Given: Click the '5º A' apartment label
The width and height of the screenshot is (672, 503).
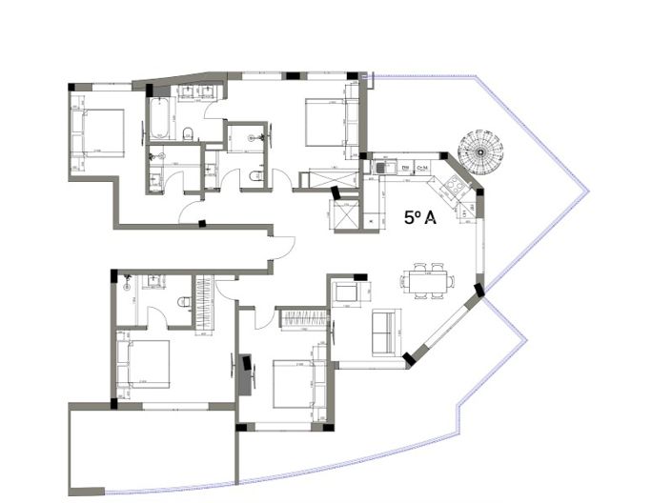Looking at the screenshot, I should click(419, 218).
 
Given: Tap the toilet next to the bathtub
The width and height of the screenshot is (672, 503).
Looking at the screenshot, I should click(189, 132).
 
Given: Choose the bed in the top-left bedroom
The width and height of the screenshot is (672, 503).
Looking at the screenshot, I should click(99, 131).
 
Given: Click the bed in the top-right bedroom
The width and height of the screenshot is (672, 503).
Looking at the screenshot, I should click(327, 122).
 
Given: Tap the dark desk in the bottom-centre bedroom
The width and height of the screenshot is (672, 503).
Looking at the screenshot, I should click(248, 374).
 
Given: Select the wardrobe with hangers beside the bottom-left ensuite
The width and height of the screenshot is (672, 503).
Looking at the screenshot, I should click(203, 306).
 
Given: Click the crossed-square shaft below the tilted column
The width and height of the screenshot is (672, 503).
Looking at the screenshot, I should click(344, 216).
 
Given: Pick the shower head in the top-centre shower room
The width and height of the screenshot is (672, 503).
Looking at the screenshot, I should click(252, 138).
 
